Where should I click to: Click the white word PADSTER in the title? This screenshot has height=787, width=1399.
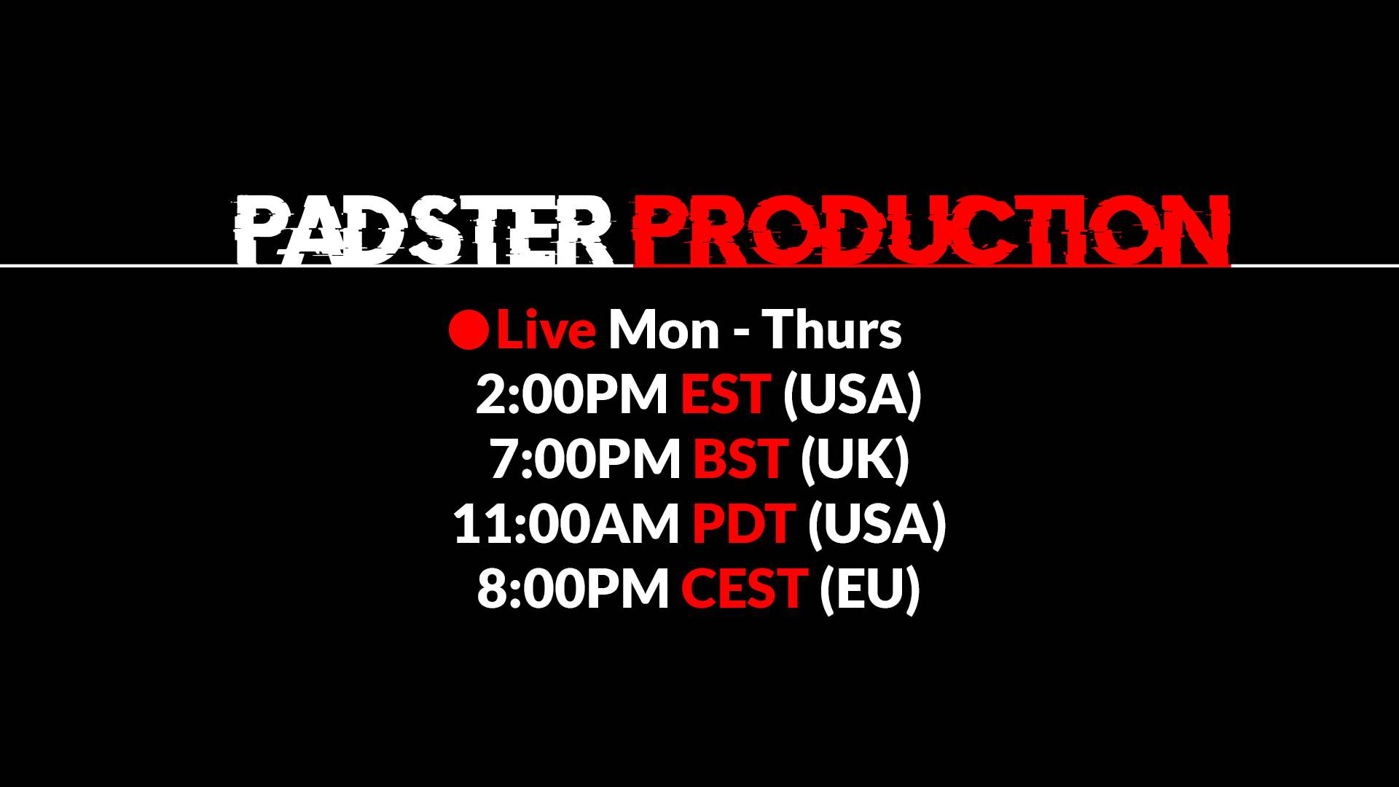pyautogui.click(x=423, y=230)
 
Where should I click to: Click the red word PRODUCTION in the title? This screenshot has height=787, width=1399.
pyautogui.click(x=931, y=230)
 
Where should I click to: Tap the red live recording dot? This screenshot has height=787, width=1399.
pyautogui.click(x=469, y=330)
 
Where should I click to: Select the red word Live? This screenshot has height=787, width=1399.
pyautogui.click(x=546, y=330)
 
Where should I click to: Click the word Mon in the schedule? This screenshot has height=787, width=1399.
pyautogui.click(x=664, y=330)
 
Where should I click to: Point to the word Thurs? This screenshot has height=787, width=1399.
pyautogui.click(x=832, y=330)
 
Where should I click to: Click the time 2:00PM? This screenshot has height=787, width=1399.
pyautogui.click(x=571, y=394)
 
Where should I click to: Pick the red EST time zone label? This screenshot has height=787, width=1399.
pyautogui.click(x=725, y=394)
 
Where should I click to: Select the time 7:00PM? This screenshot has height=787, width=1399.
pyautogui.click(x=584, y=459)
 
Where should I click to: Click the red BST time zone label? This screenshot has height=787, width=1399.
pyautogui.click(x=740, y=459)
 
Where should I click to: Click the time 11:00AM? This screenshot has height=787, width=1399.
pyautogui.click(x=565, y=524)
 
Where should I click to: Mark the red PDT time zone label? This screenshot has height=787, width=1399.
pyautogui.click(x=743, y=524)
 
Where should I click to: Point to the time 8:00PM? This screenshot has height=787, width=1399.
pyautogui.click(x=573, y=589)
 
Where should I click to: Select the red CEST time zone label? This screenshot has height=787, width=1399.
pyautogui.click(x=744, y=589)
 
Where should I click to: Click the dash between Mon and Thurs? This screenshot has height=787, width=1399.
pyautogui.click(x=741, y=334)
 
